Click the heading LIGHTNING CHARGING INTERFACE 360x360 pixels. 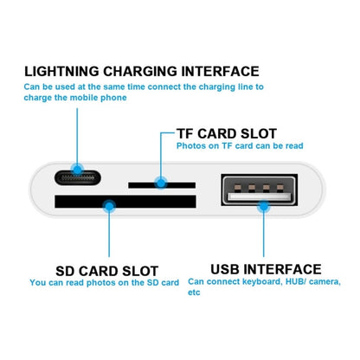coord(141,71)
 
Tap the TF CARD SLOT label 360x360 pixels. coord(227,133)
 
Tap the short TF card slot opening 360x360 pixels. coord(159,183)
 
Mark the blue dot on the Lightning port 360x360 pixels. coord(79,170)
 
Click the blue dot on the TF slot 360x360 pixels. coord(159,183)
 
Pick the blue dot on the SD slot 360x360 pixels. coord(107,205)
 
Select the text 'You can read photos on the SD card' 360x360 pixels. coord(104,282)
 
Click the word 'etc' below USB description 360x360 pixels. coord(194,292)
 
